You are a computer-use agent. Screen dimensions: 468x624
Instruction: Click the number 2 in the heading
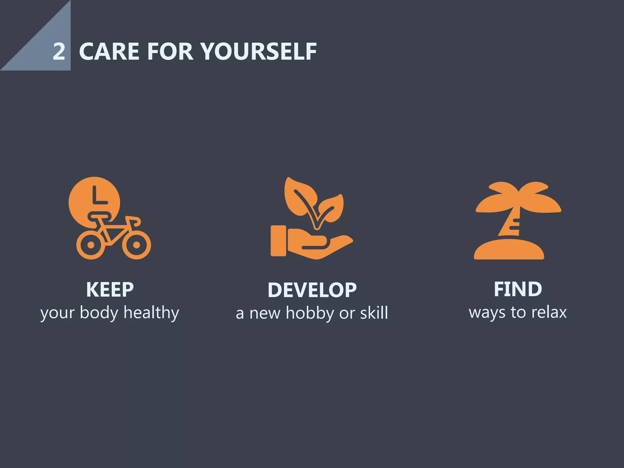pyautogui.click(x=59, y=51)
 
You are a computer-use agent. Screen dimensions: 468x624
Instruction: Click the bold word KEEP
pyautogui.click(x=110, y=289)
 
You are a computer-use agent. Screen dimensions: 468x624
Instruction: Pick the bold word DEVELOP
pyautogui.click(x=312, y=290)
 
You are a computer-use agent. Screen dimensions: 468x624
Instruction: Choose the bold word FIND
pyautogui.click(x=518, y=289)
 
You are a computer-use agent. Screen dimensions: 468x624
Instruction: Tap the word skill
pyautogui.click(x=374, y=313)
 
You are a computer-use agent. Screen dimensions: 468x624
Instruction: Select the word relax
pyautogui.click(x=549, y=312)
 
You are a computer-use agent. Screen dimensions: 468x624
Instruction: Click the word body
pyautogui.click(x=99, y=313)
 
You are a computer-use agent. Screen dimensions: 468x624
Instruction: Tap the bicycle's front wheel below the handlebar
pyautogui.click(x=136, y=245)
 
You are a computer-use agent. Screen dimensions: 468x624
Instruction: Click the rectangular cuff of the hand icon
pyautogui.click(x=278, y=241)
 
